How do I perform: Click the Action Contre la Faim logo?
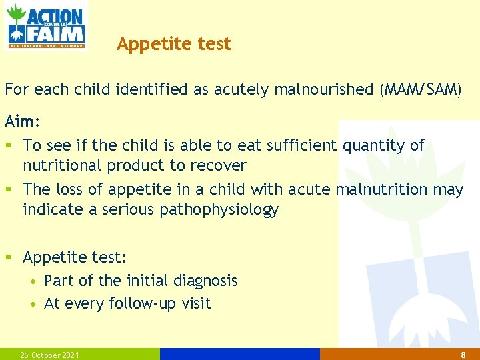[x=46, y=25]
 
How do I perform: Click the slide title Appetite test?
[x=174, y=44]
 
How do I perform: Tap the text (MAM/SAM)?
[x=419, y=89]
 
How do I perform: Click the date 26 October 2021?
[x=50, y=355]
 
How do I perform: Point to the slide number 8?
[x=463, y=355]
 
